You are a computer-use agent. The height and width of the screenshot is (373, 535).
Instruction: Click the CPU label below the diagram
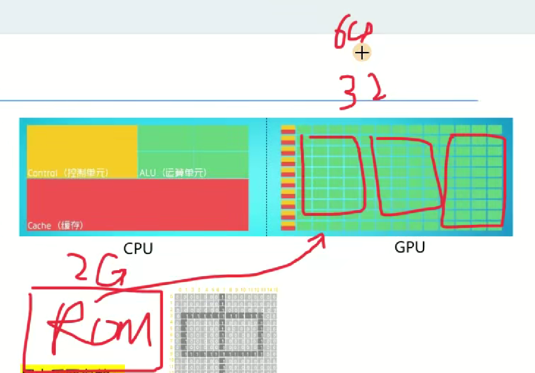pos(138,248)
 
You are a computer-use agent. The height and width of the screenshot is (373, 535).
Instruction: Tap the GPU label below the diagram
pos(410,247)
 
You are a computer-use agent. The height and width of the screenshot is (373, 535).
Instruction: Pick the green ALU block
pos(193,148)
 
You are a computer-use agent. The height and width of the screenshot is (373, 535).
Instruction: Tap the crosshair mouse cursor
pos(362,53)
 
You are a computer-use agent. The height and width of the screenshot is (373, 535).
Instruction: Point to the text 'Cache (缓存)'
pos(55,225)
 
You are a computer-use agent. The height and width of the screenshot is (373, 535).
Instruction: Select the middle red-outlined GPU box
pos(405,174)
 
